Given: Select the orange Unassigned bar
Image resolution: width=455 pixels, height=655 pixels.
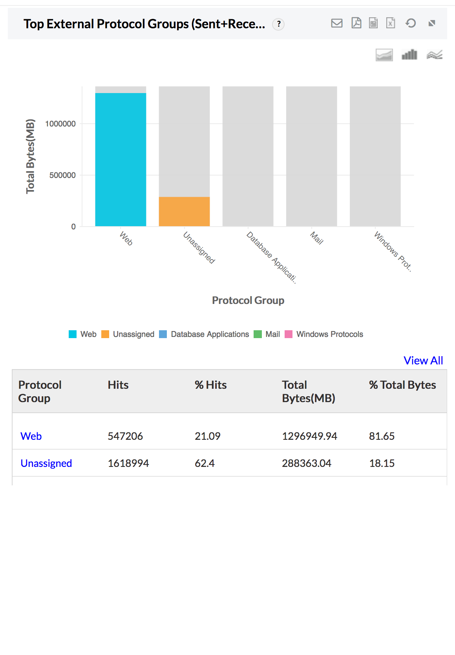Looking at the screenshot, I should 184,211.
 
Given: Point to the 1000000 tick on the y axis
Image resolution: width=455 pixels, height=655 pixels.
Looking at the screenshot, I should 60,124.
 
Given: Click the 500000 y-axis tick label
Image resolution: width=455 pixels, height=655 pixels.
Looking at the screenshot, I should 62,175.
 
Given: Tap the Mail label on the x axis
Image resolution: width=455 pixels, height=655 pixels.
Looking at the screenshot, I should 316,238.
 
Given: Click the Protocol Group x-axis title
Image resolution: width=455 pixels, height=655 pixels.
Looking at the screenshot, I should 248,300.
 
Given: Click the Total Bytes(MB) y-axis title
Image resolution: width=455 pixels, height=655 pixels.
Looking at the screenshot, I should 30,156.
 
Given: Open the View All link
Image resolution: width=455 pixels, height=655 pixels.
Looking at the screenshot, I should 423,360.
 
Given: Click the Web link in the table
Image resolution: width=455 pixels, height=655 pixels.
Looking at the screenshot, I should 31,436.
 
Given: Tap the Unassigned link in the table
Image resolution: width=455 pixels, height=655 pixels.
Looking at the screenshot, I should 46,463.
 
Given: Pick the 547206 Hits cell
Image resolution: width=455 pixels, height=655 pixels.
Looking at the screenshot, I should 125,436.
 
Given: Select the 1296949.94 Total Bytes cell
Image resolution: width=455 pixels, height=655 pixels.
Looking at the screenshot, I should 309,436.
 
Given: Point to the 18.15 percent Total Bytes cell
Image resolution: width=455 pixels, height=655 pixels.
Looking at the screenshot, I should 382,463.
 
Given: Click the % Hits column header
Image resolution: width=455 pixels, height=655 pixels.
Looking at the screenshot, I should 211,385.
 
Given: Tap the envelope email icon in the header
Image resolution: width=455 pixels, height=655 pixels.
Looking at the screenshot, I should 337,23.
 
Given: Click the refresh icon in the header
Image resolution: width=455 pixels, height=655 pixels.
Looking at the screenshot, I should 411,23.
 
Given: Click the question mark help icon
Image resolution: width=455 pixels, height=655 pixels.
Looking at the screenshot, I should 278,24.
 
